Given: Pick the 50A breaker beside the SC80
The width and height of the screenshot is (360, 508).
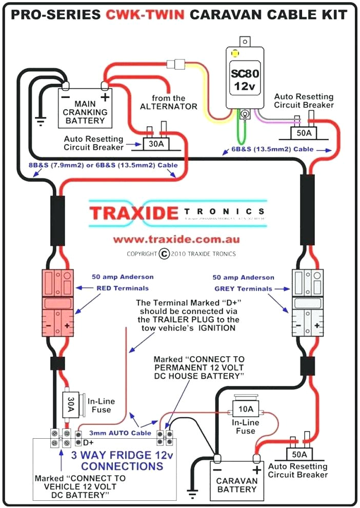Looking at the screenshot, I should (x=304, y=133).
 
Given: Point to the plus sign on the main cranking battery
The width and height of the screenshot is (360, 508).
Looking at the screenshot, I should (x=104, y=97).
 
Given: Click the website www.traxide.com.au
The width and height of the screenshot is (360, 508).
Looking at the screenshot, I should (x=176, y=240).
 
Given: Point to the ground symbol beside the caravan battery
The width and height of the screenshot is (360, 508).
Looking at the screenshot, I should (x=193, y=494).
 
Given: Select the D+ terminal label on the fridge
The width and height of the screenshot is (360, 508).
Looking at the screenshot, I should (x=88, y=442).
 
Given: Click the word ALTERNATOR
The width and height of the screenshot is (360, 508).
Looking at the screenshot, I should (x=169, y=107).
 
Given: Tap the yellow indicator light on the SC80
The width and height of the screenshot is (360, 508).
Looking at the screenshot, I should (x=235, y=52).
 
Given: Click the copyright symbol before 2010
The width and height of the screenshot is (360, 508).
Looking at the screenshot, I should (x=164, y=253).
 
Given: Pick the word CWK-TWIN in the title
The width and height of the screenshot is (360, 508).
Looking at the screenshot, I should (x=145, y=15).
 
